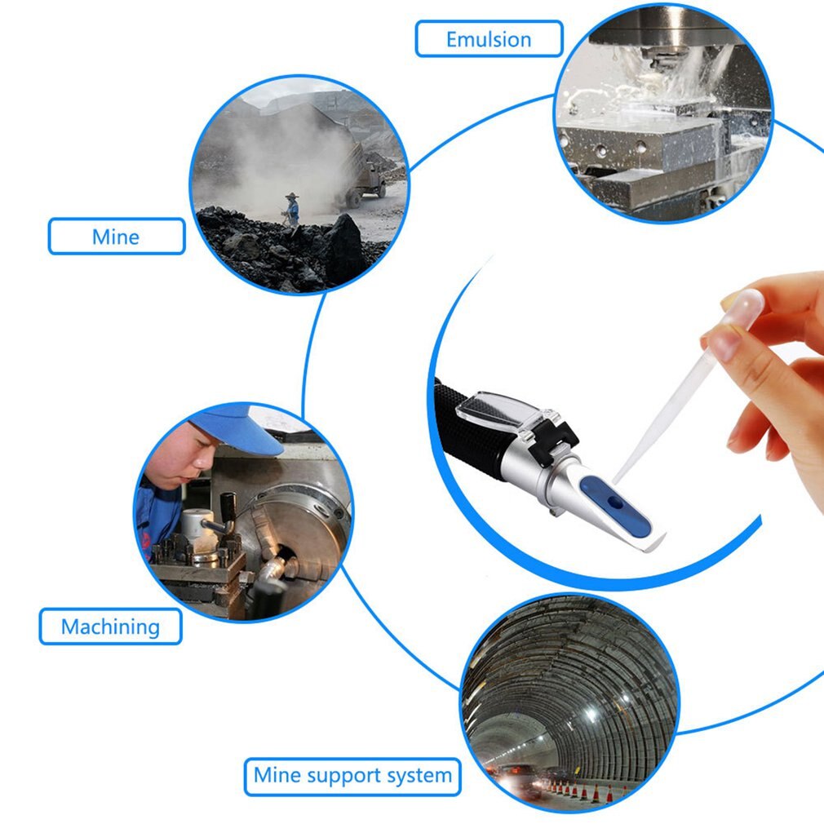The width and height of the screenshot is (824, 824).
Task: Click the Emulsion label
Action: pyautogui.click(x=489, y=39)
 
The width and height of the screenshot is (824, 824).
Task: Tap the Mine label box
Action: pyautogui.click(x=116, y=237)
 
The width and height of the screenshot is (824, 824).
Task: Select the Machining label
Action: pyautogui.click(x=110, y=627)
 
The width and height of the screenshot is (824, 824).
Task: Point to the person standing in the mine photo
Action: pyautogui.click(x=291, y=210)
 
